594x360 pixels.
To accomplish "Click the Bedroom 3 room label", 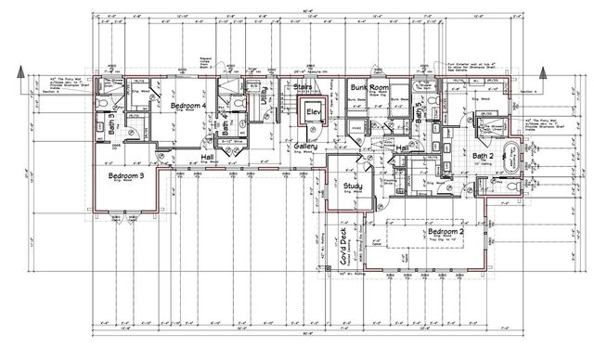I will click(124, 175).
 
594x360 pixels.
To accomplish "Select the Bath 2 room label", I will click(484, 156).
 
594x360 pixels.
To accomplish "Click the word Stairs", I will click(303, 88).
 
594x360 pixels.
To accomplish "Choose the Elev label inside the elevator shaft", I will click(313, 113).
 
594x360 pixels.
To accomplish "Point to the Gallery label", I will click(306, 148).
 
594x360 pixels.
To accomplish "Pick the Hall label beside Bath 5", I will click(403, 148).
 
